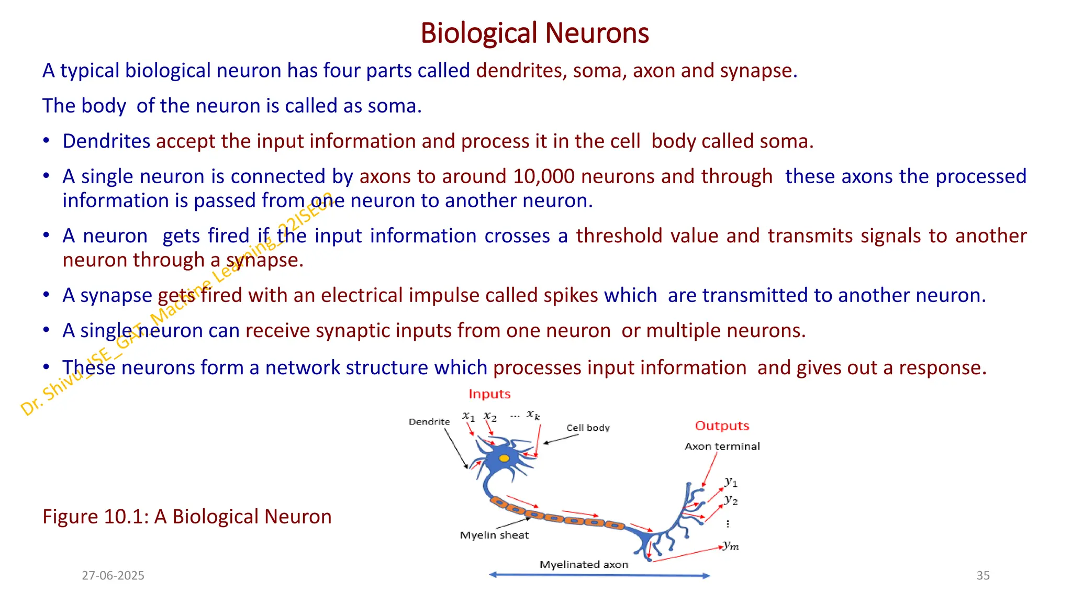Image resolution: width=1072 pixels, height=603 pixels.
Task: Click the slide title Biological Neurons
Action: (x=534, y=33)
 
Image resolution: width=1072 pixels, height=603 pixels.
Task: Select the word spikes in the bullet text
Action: (x=571, y=295)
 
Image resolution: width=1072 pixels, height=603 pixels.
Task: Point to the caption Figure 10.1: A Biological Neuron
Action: (x=187, y=516)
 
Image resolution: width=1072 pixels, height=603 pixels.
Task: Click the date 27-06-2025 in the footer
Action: (x=113, y=575)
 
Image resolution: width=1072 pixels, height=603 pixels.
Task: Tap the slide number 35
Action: (x=982, y=575)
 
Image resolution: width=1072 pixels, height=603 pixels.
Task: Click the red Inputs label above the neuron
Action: (x=489, y=394)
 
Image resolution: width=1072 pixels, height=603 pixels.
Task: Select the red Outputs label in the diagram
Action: (x=721, y=426)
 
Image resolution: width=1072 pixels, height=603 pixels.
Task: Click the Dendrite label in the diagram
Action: (x=429, y=421)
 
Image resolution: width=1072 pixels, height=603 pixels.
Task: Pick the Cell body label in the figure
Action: (x=587, y=428)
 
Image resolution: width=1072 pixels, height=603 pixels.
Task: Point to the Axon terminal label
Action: (x=722, y=446)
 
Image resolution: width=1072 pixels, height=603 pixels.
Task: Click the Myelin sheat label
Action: (x=494, y=535)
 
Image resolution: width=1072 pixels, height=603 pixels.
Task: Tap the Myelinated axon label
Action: (x=584, y=564)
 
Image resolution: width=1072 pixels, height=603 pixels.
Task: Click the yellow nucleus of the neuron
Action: (x=504, y=459)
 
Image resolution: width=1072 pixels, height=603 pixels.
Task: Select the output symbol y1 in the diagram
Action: (x=731, y=482)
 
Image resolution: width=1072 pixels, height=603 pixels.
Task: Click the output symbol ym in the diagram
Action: (x=731, y=545)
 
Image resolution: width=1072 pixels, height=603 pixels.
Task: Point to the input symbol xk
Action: (x=533, y=415)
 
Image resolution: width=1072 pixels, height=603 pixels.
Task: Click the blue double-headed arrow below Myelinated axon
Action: (x=599, y=575)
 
